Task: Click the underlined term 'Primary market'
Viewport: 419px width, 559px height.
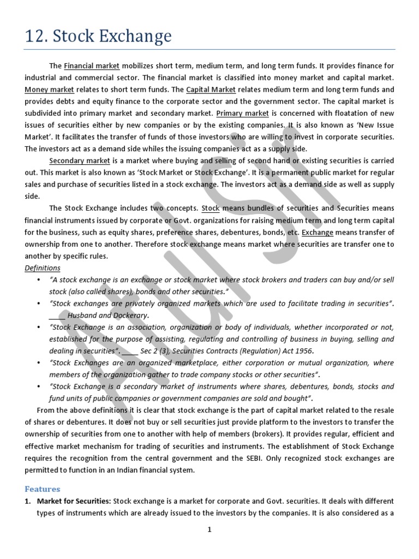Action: pyautogui.click(x=243, y=114)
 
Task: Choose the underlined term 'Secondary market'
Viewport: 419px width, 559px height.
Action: pyautogui.click(x=80, y=161)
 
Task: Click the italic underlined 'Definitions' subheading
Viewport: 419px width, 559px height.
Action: pyautogui.click(x=43, y=268)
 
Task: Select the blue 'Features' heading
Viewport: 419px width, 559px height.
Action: pyautogui.click(x=43, y=489)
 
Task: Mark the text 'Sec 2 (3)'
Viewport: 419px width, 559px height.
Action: pyautogui.click(x=150, y=350)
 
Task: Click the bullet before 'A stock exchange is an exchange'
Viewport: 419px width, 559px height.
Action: pyautogui.click(x=39, y=279)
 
